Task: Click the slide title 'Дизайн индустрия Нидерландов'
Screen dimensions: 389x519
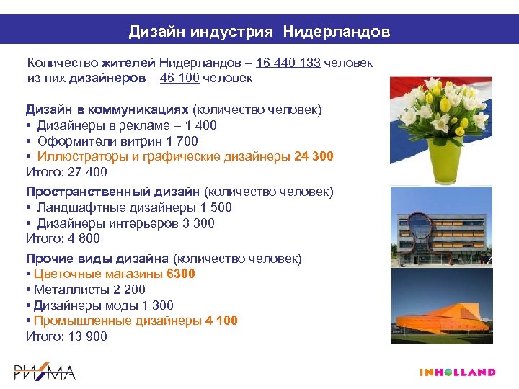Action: [x=259, y=32]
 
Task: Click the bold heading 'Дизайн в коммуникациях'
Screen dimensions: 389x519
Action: [x=107, y=109]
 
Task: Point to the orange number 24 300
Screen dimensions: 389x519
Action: [x=314, y=156]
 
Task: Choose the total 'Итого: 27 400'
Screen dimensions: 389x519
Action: [x=66, y=171]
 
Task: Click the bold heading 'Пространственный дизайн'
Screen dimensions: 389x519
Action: [x=113, y=192]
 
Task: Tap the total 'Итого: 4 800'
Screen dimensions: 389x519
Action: [x=63, y=238]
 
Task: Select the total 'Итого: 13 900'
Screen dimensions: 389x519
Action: [x=66, y=336]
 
